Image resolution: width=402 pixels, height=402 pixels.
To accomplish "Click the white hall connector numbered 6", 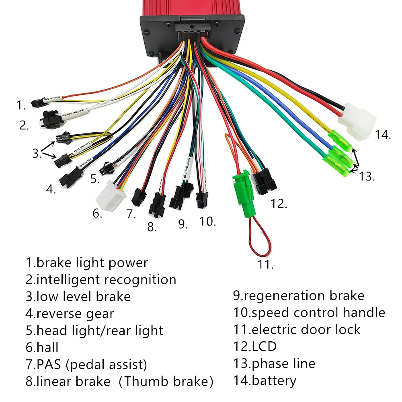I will pos(109,196).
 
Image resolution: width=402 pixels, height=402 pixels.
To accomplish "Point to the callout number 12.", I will pos(279,203).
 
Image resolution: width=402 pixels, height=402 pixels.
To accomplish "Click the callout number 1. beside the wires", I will pos(21,105).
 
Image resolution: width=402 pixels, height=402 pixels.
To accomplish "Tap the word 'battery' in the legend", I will pos(273,380).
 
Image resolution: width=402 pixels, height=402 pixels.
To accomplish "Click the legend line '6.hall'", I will pos(42,347).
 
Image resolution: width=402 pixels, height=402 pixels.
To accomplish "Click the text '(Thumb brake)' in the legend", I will pos(168,381).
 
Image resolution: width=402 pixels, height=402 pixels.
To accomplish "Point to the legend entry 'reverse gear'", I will pos(75,314).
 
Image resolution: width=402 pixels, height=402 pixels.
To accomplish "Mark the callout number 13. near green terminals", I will pos(367,176).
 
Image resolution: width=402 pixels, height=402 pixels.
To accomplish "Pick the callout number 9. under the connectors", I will pos(183,224).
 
